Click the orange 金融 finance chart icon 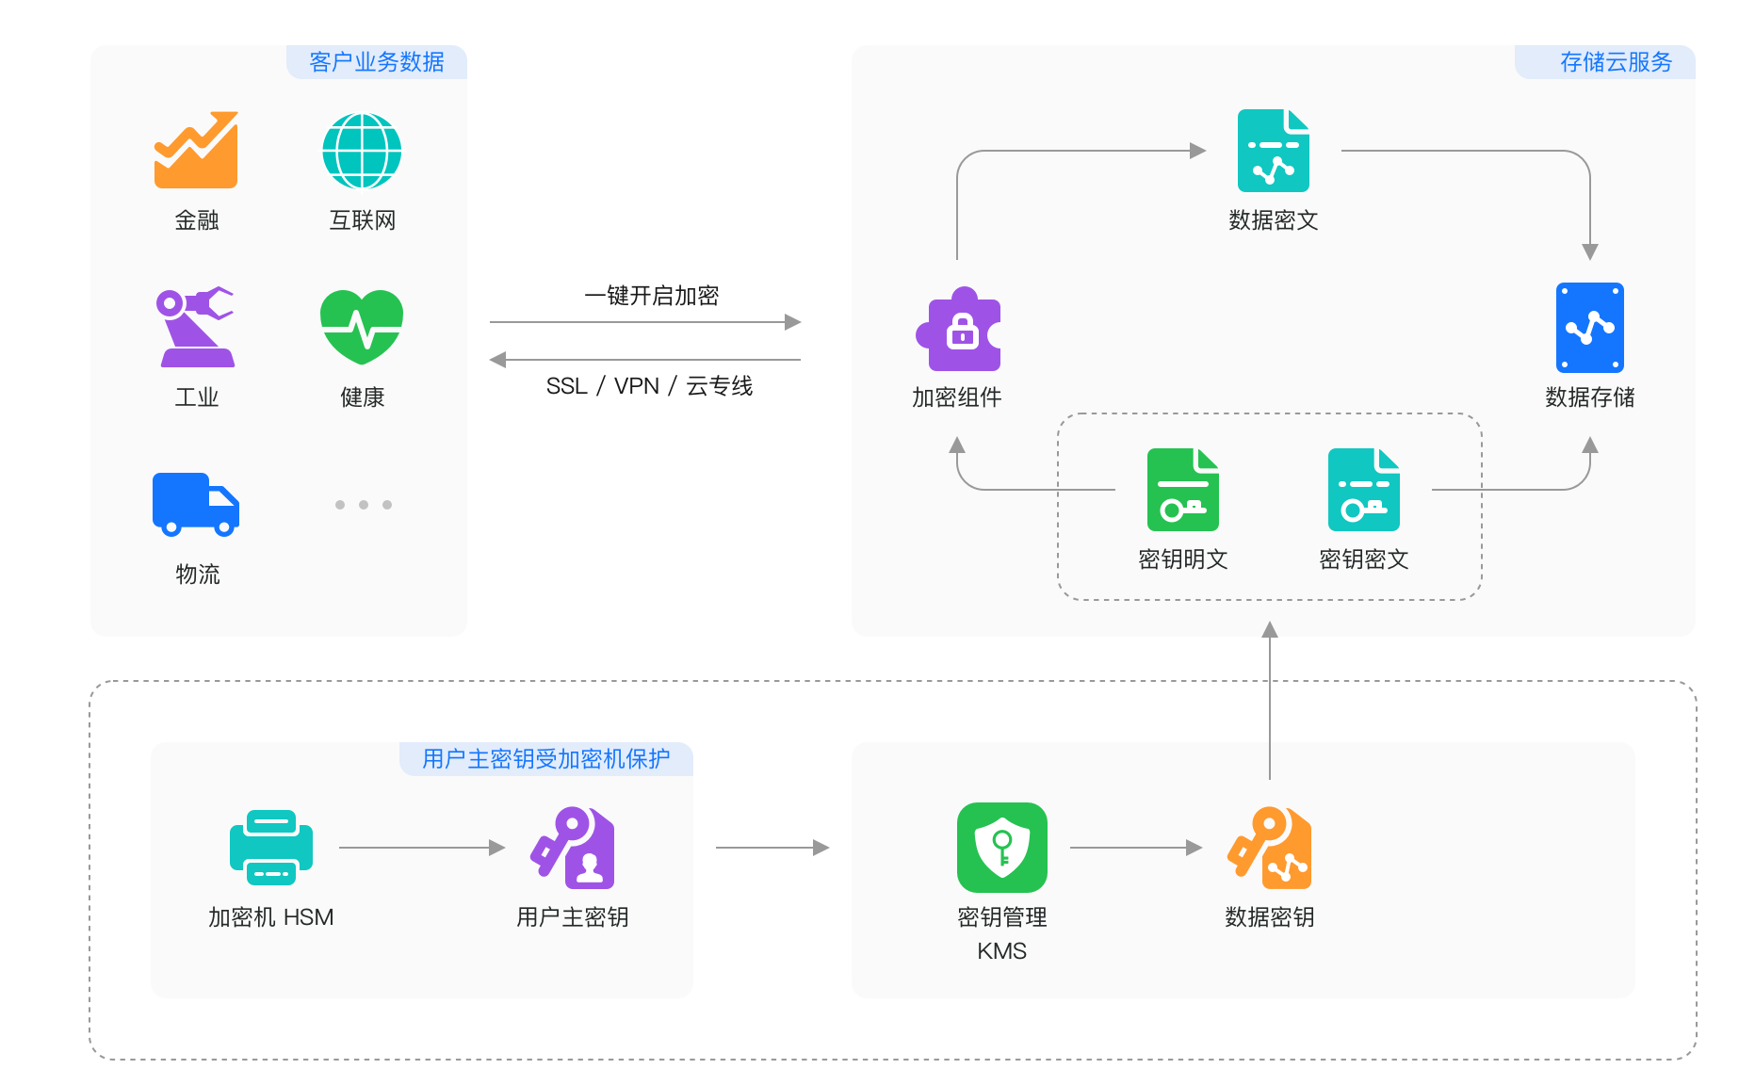[196, 151]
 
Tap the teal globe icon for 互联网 [362, 151]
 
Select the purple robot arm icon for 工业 [196, 327]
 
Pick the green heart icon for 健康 [362, 327]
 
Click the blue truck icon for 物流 [196, 504]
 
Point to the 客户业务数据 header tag [377, 62]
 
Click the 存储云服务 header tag [1615, 62]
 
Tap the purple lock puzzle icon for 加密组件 [958, 330]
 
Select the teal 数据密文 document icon [1273, 151]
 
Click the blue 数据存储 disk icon [1589, 327]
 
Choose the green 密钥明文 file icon [1182, 490]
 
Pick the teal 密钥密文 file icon [1363, 490]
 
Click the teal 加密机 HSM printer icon [271, 848]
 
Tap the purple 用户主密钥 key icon [573, 848]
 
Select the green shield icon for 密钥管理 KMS [1001, 848]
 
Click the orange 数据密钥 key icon [1269, 848]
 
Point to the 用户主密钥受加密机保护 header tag [546, 759]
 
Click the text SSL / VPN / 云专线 [649, 386]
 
